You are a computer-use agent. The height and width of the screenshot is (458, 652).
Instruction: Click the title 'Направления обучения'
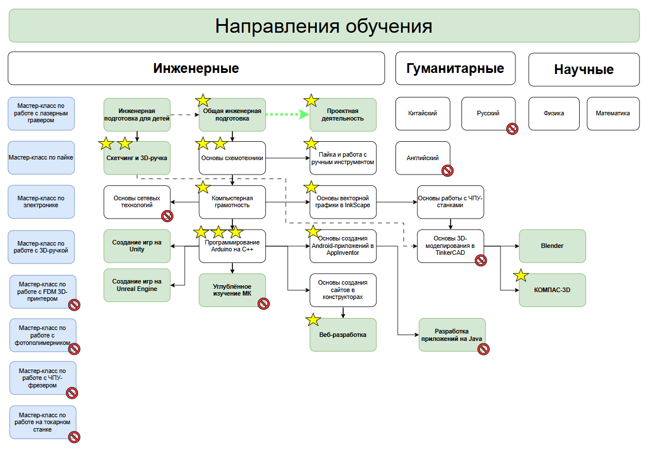pos(324,26)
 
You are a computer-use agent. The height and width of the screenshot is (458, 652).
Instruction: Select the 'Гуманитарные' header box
pos(455,68)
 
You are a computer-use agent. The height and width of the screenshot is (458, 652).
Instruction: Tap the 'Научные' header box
pos(584,69)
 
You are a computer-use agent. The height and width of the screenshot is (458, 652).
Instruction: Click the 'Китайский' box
pos(422,113)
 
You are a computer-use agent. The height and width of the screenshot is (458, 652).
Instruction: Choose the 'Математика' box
pos(613,113)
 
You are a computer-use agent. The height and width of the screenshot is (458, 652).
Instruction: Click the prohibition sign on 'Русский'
pos(512,129)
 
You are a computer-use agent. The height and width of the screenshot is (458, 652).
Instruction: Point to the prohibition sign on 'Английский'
pos(447,170)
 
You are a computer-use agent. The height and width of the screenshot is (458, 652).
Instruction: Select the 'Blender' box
pos(552,246)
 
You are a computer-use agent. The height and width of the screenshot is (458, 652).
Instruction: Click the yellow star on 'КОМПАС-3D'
pos(521,275)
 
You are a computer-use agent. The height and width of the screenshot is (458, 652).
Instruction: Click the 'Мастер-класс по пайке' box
pos(41,157)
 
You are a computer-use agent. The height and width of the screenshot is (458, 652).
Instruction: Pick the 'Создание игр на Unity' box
pos(137,246)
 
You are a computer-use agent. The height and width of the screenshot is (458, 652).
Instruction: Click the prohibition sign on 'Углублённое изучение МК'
pos(263,304)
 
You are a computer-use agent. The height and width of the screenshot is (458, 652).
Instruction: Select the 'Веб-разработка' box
pos(343,335)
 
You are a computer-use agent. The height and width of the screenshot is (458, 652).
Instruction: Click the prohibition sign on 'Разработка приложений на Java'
pos(483,348)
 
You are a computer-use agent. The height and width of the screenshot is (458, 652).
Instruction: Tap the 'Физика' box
pos(554,113)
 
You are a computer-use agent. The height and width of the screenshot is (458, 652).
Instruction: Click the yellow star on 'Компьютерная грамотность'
pos(203,187)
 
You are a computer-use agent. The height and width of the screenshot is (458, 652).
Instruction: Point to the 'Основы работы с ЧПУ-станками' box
pos(450,201)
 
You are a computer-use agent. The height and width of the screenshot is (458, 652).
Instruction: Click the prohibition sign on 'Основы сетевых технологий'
pos(167,216)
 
